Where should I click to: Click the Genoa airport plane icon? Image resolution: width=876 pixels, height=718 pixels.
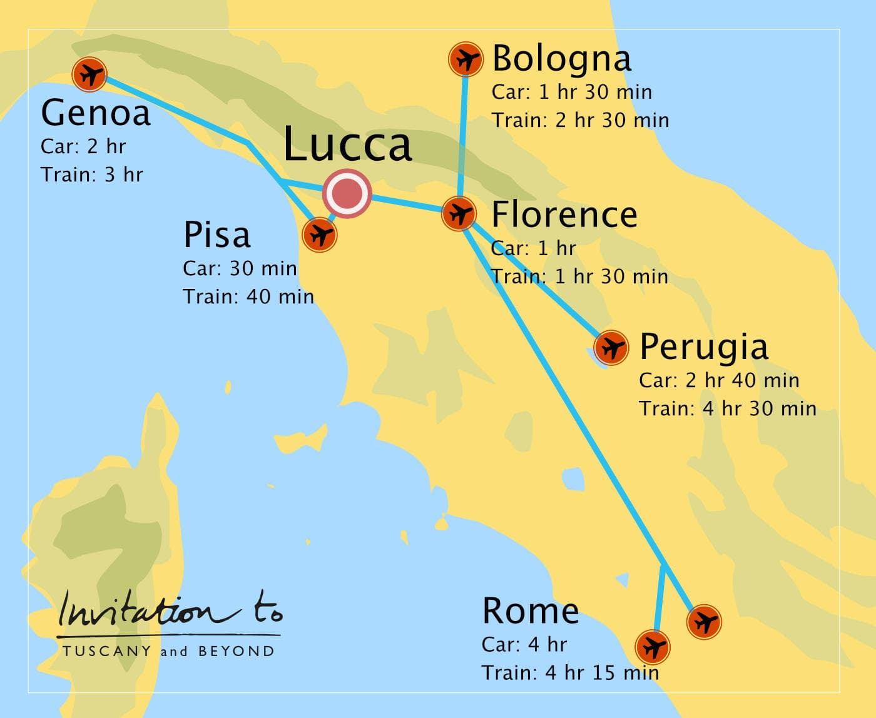pyautogui.click(x=89, y=74)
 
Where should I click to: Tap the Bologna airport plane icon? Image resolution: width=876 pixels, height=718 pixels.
pyautogui.click(x=466, y=59)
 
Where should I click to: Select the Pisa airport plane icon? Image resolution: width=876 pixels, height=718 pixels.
pyautogui.click(x=320, y=235)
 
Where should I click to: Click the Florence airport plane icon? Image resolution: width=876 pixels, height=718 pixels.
pyautogui.click(x=459, y=213)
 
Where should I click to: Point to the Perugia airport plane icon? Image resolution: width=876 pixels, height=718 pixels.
pyautogui.click(x=611, y=347)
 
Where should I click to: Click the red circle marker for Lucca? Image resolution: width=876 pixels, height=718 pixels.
pyautogui.click(x=347, y=193)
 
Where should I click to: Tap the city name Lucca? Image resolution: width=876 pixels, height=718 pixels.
pyautogui.click(x=347, y=145)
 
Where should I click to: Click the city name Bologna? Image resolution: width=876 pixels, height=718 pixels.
pyautogui.click(x=561, y=59)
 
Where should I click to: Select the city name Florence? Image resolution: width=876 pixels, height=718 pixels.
pyautogui.click(x=564, y=215)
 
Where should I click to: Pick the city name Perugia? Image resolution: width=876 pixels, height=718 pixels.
pyautogui.click(x=703, y=347)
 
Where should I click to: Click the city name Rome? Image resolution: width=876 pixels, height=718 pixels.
pyautogui.click(x=530, y=611)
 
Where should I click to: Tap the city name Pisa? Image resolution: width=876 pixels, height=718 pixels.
pyautogui.click(x=216, y=236)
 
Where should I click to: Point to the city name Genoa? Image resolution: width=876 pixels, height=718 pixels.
pyautogui.click(x=95, y=113)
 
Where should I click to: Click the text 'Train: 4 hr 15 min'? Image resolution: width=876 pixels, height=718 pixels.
pyautogui.click(x=570, y=673)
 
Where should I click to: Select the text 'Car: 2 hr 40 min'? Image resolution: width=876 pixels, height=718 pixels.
pyautogui.click(x=719, y=380)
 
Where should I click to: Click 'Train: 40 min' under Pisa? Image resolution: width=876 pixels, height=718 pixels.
pyautogui.click(x=248, y=296)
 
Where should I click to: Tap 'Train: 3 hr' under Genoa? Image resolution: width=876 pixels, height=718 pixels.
pyautogui.click(x=91, y=174)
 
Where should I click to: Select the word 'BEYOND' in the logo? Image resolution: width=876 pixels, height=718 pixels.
pyautogui.click(x=236, y=651)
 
